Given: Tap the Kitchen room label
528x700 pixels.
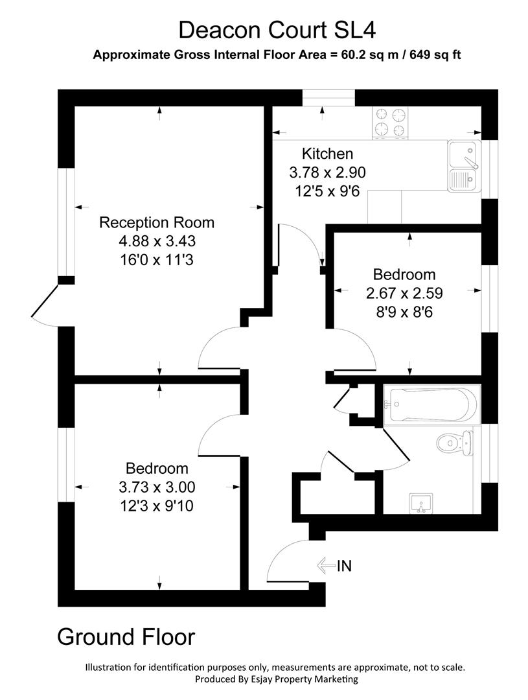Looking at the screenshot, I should click(328, 154).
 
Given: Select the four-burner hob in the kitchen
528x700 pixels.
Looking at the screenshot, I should click(391, 122).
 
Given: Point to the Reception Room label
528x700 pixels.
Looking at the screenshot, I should click(156, 223).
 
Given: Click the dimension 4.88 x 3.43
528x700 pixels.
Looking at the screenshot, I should click(156, 242).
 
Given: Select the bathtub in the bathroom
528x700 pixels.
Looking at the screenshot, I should click(430, 405).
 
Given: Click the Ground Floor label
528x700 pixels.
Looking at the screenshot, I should click(126, 636).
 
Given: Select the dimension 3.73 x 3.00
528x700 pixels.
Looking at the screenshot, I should click(156, 487).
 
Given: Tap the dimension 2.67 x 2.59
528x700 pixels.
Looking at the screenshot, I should click(404, 293).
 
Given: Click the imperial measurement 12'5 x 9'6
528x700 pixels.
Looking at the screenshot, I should click(328, 191).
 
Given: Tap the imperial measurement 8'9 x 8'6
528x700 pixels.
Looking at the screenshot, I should click(404, 312).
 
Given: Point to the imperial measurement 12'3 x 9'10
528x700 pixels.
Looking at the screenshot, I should click(156, 506).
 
